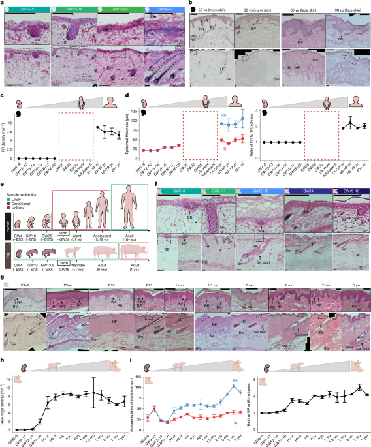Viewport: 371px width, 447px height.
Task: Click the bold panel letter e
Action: pos(4,187)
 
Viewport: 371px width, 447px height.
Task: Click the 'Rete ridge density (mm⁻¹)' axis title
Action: pos(5,404)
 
